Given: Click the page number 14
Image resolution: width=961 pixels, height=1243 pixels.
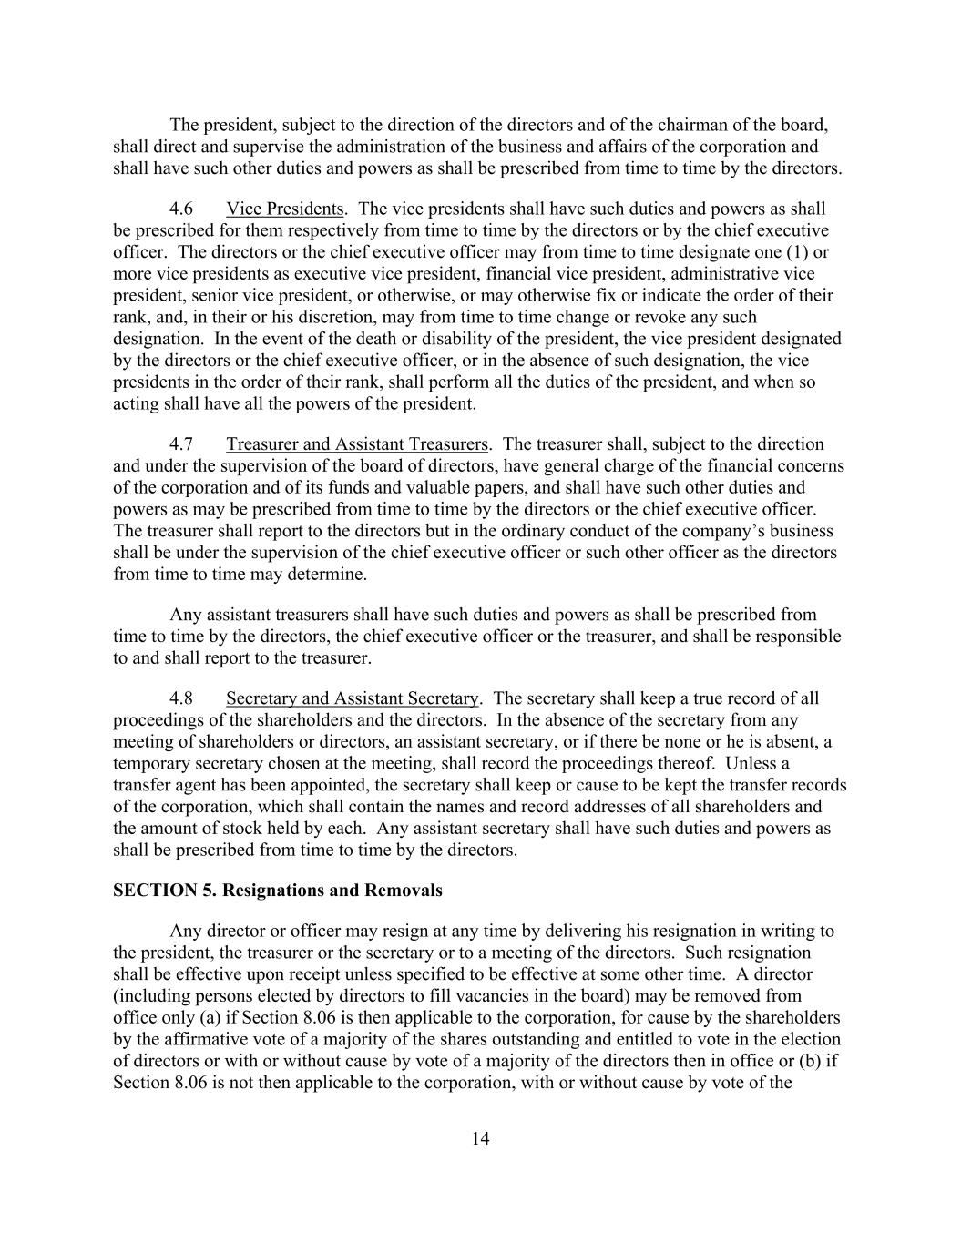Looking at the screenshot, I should click(481, 1138).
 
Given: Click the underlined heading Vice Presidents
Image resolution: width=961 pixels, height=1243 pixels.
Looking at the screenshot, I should click(284, 209).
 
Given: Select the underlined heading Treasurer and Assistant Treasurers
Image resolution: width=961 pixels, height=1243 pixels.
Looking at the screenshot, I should click(357, 444).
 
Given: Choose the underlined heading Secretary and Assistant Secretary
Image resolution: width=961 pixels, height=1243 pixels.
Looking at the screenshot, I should click(352, 698).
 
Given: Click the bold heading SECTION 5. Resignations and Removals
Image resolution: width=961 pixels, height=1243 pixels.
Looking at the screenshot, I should click(278, 891).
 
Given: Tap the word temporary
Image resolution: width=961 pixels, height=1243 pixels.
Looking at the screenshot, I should click(151, 764).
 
